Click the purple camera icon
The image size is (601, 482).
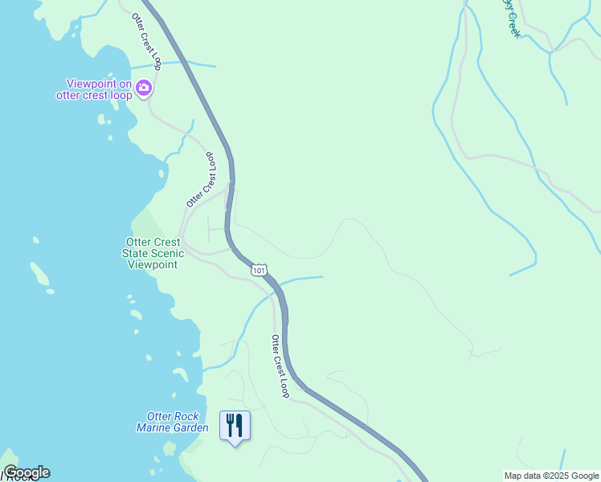(x=144, y=88)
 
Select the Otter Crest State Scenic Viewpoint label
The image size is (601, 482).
(x=154, y=253)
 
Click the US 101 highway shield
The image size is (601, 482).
(x=259, y=271)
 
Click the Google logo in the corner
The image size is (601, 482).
(x=27, y=472)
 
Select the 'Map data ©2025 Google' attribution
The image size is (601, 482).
(x=550, y=476)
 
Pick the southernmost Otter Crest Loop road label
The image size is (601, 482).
(x=280, y=366)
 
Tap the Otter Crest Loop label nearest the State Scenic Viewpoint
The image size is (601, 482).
(x=203, y=179)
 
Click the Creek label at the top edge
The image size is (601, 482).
(x=510, y=16)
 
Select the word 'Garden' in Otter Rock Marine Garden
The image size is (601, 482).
(x=193, y=428)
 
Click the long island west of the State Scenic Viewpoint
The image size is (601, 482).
(x=39, y=275)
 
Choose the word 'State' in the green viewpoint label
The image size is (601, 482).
(x=136, y=253)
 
